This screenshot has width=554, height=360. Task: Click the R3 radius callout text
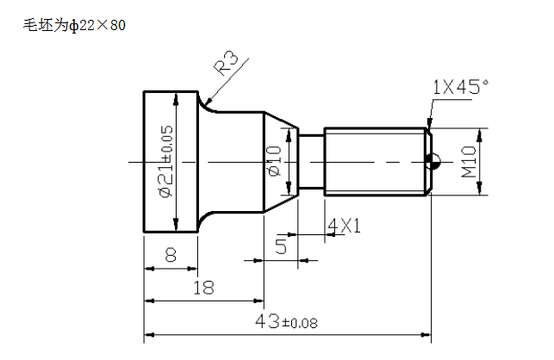pos(227,63)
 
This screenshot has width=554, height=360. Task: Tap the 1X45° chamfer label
pos(461,87)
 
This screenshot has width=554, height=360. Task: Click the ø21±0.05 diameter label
pos(166,161)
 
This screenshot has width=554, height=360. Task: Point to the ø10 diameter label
pos(274,161)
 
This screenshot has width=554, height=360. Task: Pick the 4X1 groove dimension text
pos(344,226)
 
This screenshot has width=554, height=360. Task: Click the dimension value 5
pos(281,246)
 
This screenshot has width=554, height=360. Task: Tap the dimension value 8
pos(171,254)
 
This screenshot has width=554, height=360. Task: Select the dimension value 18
pos(203,288)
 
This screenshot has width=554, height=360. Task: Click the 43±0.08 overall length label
pos(286,321)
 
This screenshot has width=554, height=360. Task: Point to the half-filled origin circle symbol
pos(433,162)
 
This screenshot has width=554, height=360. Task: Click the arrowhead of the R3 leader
pos(207,102)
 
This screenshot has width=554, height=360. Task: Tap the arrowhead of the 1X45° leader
pos(429,124)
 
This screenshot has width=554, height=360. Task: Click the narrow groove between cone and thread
pos(311,161)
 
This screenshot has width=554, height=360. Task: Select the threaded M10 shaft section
pos(375,161)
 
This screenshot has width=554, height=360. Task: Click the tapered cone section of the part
pos(281,162)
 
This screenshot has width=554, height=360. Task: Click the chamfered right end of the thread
pos(428,161)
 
